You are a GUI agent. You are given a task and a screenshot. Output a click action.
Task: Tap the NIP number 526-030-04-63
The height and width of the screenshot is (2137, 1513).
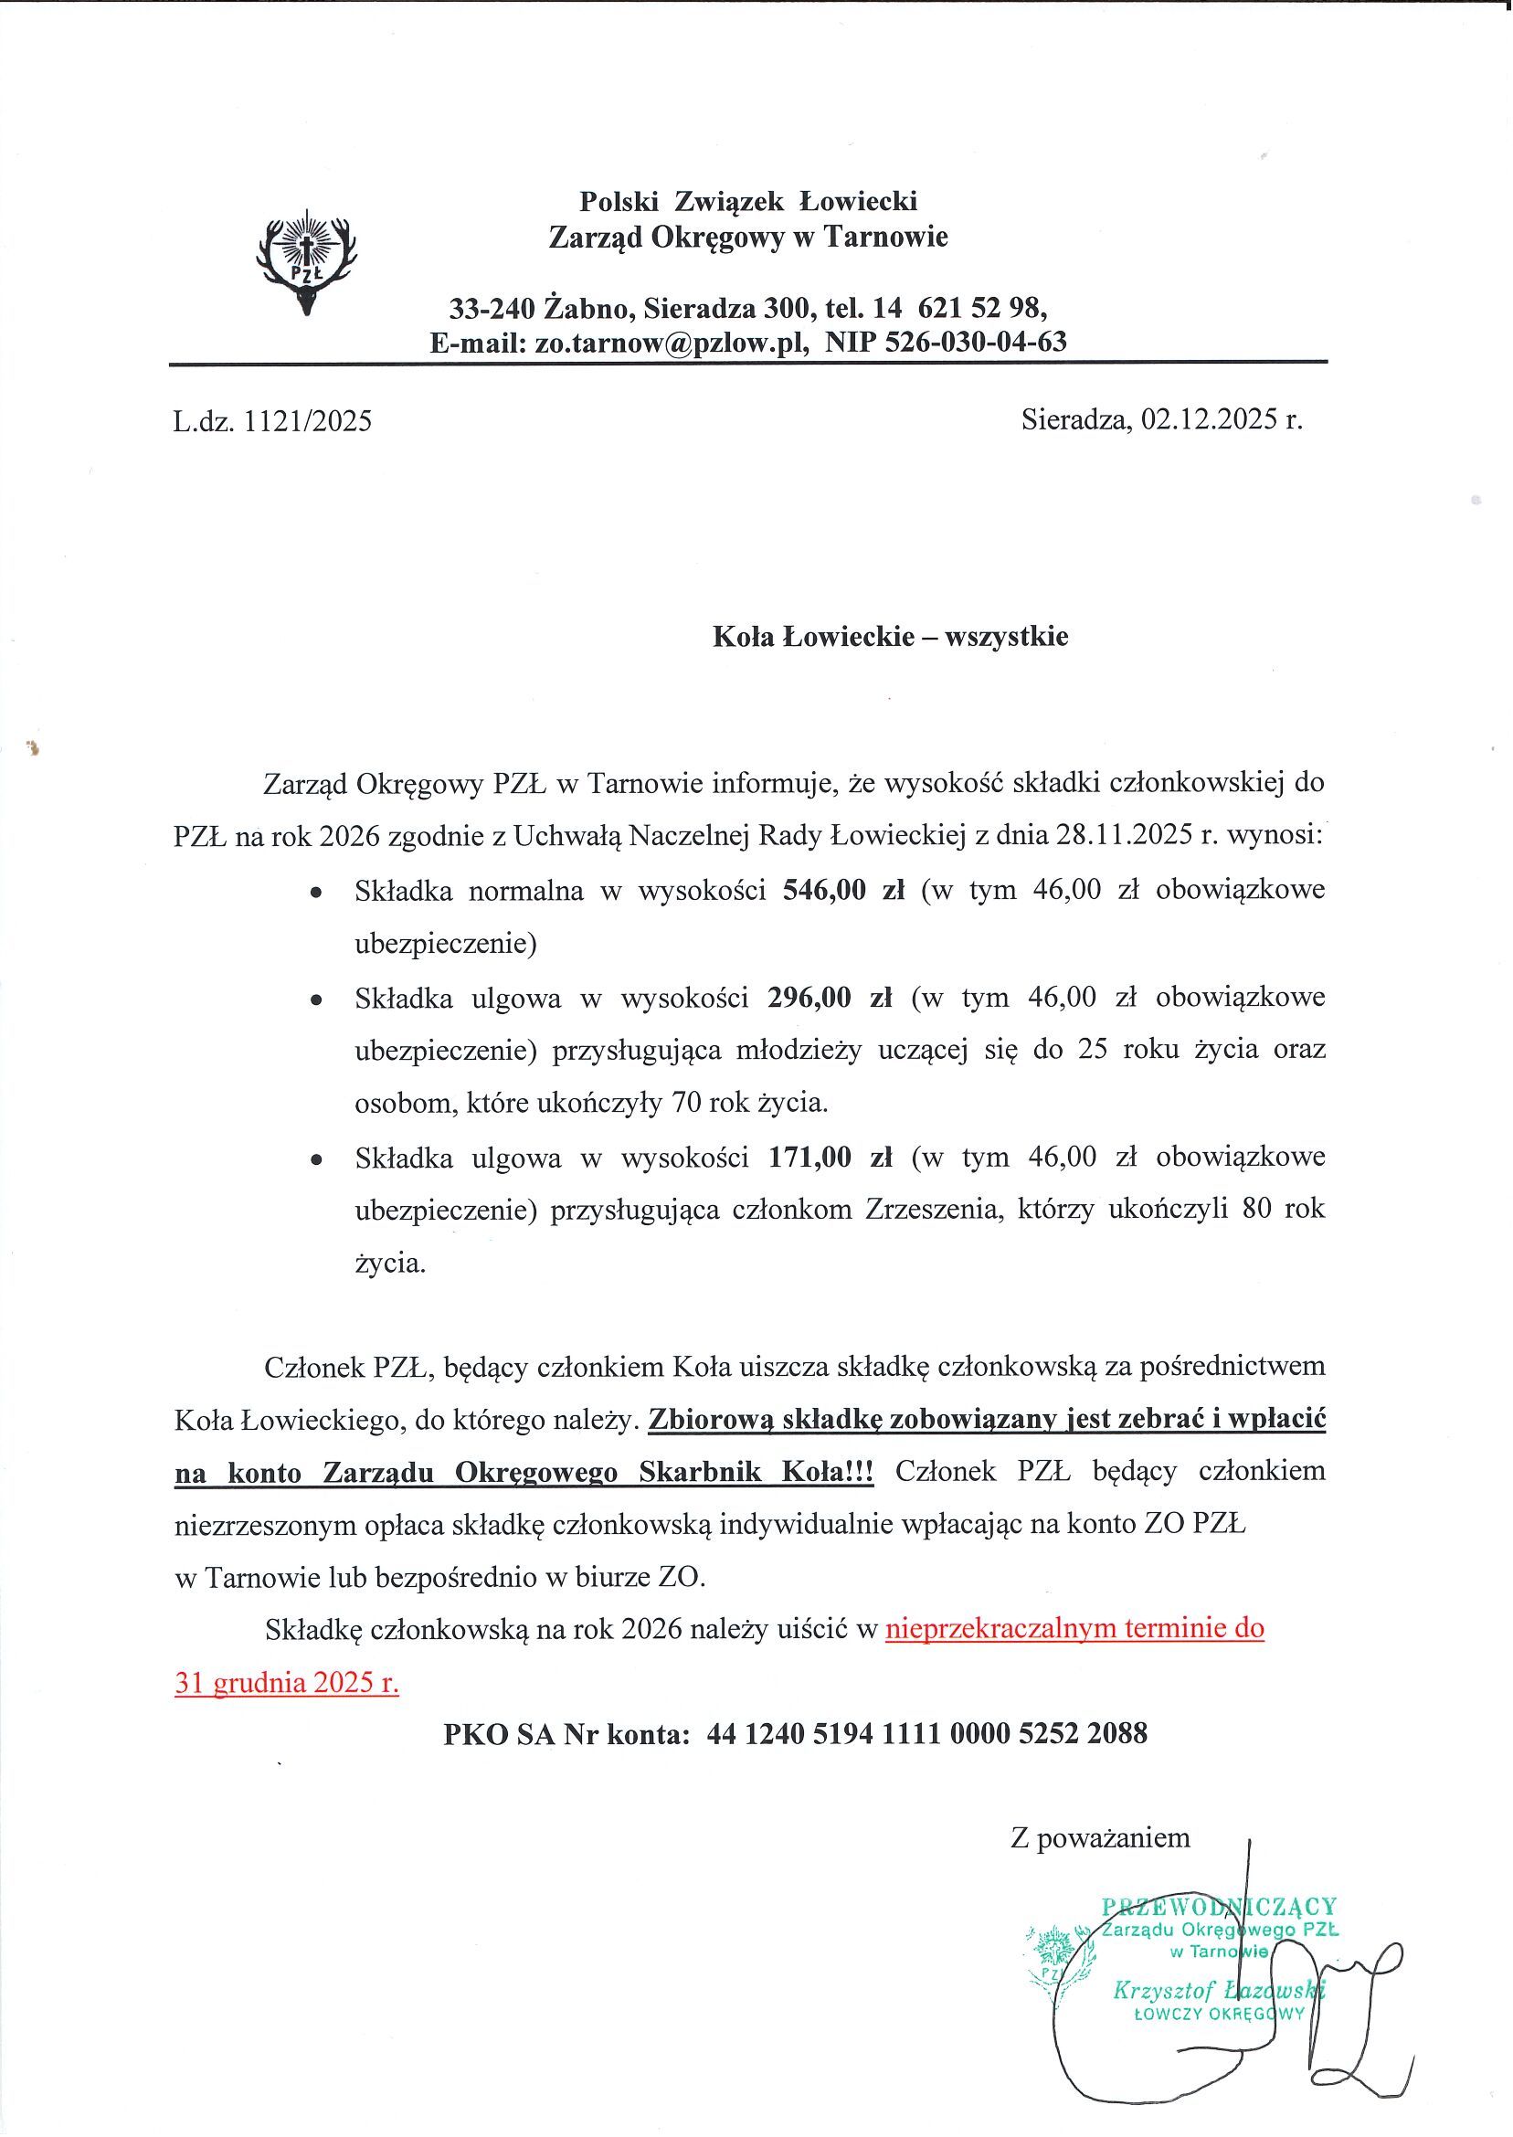947,342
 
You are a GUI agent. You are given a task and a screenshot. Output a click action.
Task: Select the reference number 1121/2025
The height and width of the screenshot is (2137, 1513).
308,422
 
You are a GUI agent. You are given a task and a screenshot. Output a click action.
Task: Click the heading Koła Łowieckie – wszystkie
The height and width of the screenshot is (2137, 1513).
890,636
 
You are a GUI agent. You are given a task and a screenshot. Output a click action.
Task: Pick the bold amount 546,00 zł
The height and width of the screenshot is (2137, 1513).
844,891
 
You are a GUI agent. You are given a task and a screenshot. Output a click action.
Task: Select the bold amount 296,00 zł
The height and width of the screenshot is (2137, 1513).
831,998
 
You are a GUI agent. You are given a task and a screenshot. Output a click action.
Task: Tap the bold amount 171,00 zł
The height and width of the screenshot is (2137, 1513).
831,1158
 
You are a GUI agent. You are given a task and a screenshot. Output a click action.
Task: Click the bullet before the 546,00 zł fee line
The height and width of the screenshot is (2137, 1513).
318,893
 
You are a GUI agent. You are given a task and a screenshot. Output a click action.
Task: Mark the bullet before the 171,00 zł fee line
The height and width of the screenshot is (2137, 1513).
318,1159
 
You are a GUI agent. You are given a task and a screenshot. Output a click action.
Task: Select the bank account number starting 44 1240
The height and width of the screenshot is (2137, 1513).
927,1734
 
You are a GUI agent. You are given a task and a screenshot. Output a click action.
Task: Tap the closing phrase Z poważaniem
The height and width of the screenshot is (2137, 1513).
1100,1837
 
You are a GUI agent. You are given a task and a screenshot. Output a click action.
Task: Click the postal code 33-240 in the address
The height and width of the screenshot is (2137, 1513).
492,306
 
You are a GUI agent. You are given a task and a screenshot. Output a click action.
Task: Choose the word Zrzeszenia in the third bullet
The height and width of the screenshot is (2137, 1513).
935,1210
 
